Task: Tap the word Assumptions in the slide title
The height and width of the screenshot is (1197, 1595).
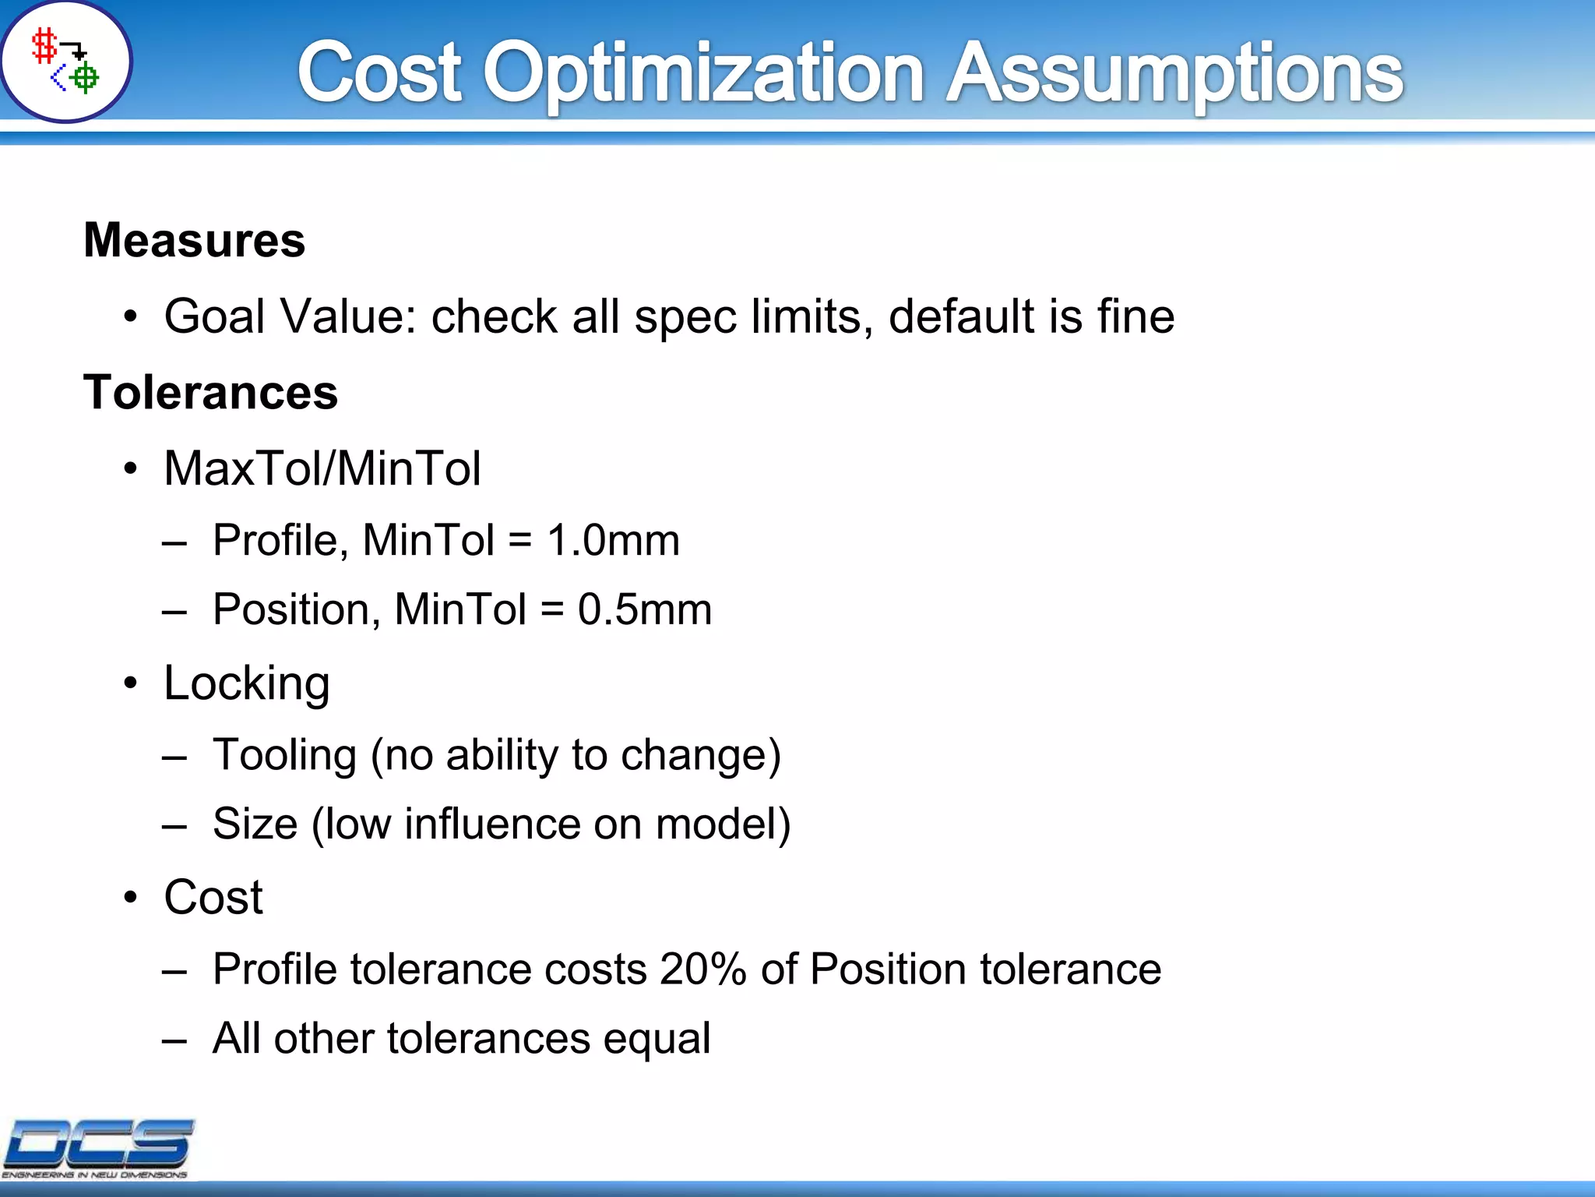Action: pos(1174,74)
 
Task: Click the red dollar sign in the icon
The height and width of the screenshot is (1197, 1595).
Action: pos(44,47)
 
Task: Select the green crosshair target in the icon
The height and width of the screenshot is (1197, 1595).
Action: pos(85,77)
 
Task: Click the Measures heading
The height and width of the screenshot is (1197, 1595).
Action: pos(194,240)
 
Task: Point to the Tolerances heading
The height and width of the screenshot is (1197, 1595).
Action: pos(210,392)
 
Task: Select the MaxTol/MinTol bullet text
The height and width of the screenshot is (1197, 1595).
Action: pos(322,468)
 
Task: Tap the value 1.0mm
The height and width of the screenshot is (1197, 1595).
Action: pos(613,540)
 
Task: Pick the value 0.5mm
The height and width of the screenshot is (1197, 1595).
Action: pos(644,609)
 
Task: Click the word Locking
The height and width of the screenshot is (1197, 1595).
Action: pos(247,683)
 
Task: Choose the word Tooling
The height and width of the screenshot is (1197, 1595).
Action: pos(284,755)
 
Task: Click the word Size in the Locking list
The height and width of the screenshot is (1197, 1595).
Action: pos(255,824)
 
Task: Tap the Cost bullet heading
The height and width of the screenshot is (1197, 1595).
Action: pos(213,897)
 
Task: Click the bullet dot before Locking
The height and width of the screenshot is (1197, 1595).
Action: pos(130,683)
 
